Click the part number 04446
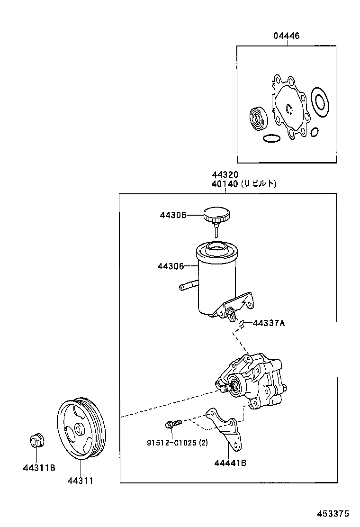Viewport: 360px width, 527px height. [x=286, y=36]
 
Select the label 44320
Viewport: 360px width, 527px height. [x=225, y=174]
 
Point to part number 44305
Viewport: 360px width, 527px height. [x=172, y=215]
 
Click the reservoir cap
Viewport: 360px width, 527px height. [x=216, y=216]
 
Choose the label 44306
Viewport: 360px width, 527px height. [x=171, y=267]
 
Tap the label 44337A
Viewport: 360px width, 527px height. [x=269, y=323]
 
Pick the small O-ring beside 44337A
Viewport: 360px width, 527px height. [x=242, y=324]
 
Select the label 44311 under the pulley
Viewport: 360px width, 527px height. [x=80, y=481]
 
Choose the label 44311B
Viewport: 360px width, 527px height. [x=39, y=468]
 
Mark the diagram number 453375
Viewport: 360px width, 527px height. [x=333, y=513]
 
